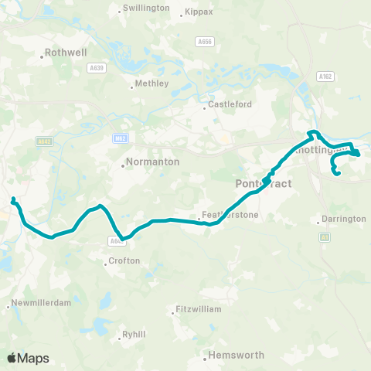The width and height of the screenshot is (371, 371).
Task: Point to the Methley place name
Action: tap(151, 83)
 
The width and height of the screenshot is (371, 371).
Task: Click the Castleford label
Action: tap(229, 104)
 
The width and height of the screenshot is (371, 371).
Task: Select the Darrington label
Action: tap(344, 219)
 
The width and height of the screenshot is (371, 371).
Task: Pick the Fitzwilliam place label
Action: tap(198, 309)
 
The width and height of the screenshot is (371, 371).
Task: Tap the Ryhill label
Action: tap(135, 335)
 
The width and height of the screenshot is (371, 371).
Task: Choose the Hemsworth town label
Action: tap(235, 356)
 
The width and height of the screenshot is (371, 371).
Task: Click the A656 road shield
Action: tap(204, 42)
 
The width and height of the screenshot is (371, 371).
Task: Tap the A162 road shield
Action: tap(324, 76)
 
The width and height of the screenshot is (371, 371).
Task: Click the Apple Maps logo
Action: tap(28, 358)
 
